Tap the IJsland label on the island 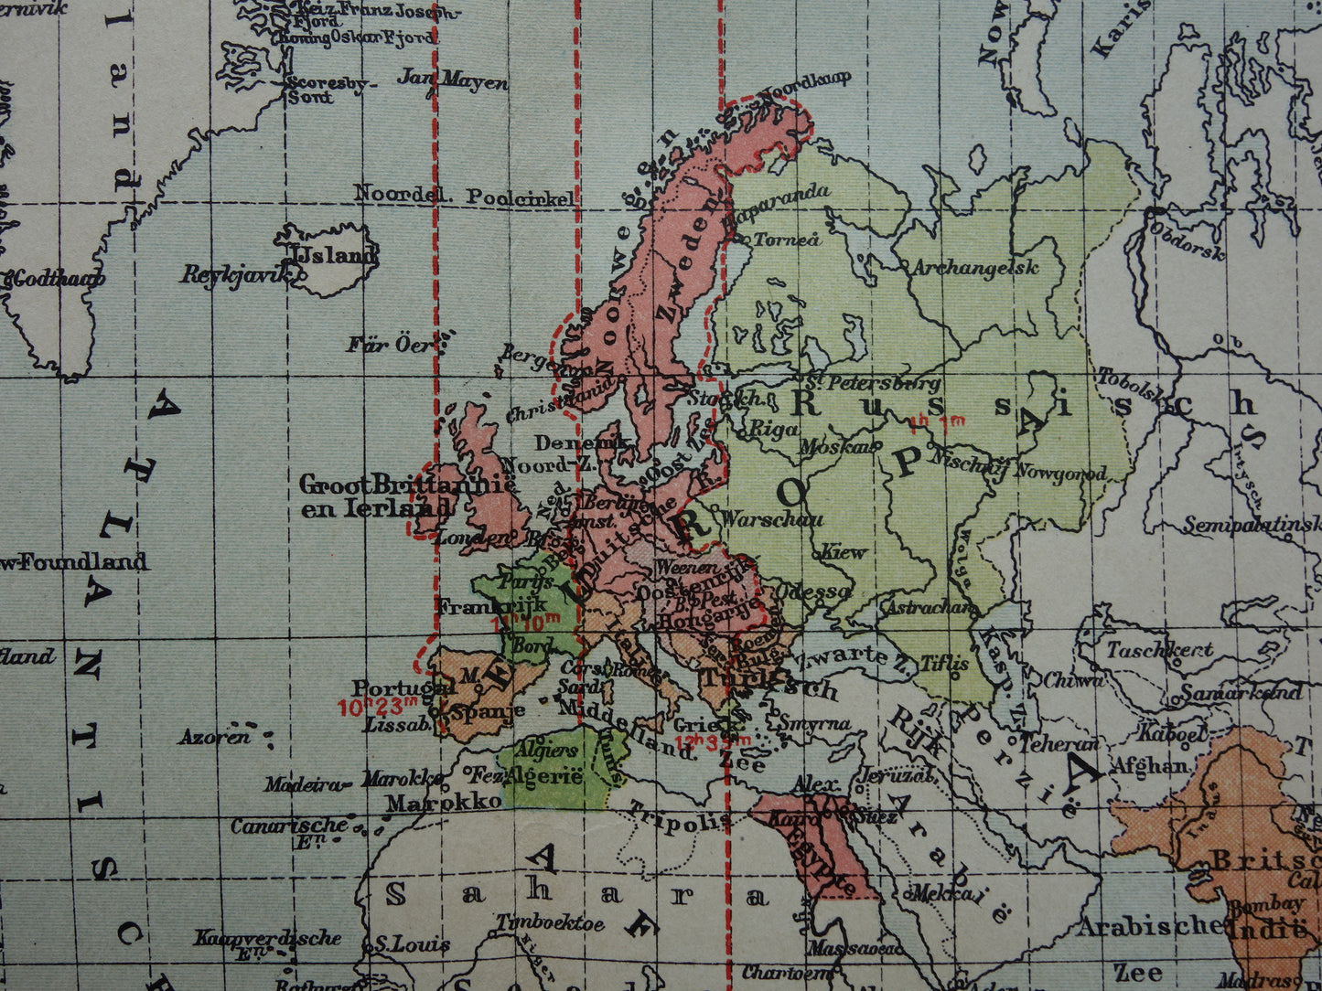pos(333,255)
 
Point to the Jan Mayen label pos(452,80)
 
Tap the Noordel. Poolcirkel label pos(464,196)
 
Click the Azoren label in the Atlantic pos(214,736)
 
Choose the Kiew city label pos(842,552)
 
